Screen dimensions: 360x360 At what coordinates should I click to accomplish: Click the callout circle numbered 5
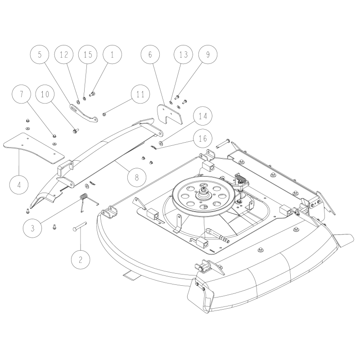coord(40,54)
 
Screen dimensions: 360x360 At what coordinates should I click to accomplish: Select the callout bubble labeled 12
coord(64,54)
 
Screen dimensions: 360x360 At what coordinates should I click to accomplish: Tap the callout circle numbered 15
coord(88,54)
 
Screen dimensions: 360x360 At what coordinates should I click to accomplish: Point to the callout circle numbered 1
coord(112,54)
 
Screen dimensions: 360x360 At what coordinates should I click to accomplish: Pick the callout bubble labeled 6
coord(150,54)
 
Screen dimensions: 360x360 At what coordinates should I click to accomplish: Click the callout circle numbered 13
coord(184,54)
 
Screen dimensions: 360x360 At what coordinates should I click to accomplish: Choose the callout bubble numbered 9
coord(208,54)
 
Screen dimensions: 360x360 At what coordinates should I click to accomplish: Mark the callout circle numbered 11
coord(140,94)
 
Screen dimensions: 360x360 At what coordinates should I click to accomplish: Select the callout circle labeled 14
coord(203,116)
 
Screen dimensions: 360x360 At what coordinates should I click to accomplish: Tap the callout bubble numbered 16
coord(203,139)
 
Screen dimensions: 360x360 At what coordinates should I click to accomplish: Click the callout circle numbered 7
coord(21,94)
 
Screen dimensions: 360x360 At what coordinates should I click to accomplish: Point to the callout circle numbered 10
coord(45,94)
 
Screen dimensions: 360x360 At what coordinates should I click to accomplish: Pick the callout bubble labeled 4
coord(19,184)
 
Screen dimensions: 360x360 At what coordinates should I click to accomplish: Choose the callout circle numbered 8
coord(137,177)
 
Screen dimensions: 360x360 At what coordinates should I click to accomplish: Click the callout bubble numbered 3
coord(32,228)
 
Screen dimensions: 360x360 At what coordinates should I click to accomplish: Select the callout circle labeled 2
coord(81,260)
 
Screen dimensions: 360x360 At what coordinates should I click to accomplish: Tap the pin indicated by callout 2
coord(80,226)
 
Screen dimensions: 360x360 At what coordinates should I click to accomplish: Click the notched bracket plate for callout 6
coord(170,114)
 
